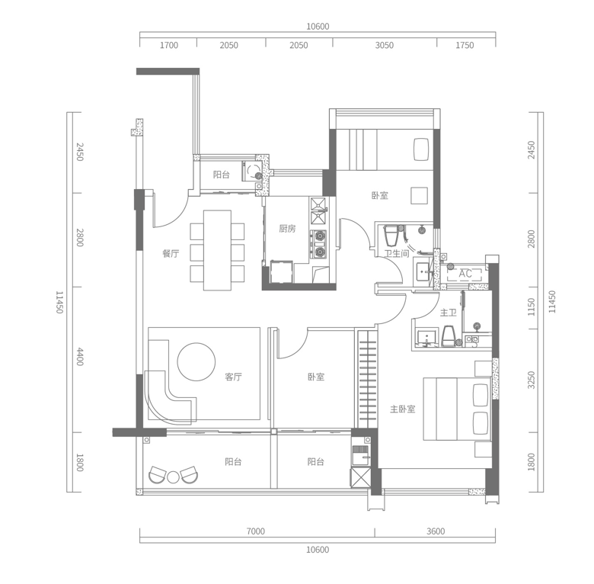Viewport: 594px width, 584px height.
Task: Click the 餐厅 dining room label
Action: [x=171, y=254]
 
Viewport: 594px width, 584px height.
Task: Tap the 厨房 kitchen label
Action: [x=287, y=228]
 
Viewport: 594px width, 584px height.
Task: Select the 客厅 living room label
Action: [x=233, y=377]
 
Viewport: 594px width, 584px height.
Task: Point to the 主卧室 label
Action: [x=403, y=409]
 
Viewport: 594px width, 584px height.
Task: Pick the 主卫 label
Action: [x=448, y=313]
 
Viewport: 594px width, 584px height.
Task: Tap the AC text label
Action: [x=465, y=274]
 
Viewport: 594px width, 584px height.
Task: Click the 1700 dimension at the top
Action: [x=169, y=46]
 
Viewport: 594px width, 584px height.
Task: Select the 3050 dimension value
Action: [x=385, y=46]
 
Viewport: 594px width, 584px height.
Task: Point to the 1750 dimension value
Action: [x=465, y=46]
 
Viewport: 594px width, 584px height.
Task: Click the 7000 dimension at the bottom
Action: [x=256, y=531]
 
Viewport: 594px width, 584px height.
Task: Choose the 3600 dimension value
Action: [x=435, y=531]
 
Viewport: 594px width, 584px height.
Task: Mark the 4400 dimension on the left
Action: [x=79, y=357]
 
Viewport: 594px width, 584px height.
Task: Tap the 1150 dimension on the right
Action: [x=532, y=306]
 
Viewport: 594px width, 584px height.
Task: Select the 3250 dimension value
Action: [x=532, y=380]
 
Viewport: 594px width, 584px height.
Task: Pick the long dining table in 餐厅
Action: [x=217, y=250]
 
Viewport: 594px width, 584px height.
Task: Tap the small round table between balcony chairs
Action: [x=174, y=477]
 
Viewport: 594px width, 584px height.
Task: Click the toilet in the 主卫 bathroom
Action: [x=448, y=335]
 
